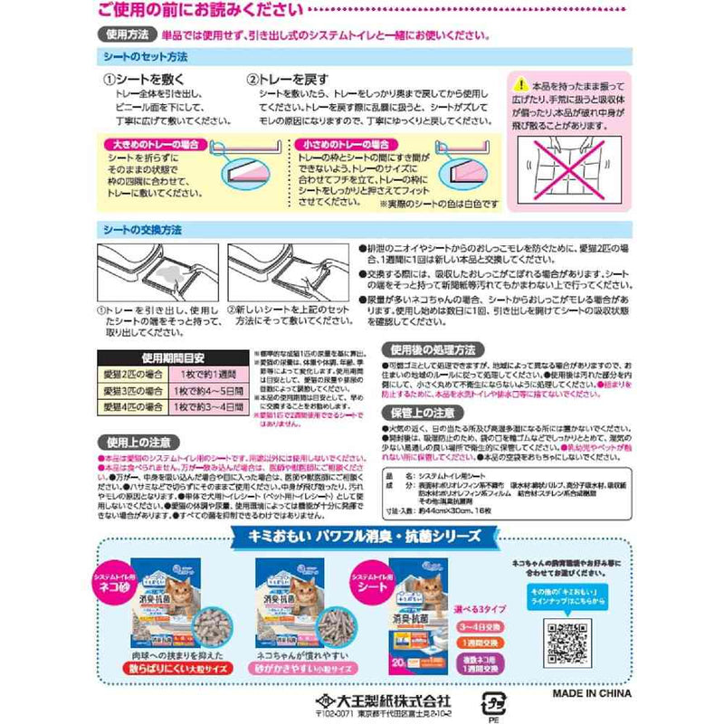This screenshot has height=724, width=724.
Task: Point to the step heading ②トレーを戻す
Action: [284, 80]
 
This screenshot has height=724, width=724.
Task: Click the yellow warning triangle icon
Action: [524, 83]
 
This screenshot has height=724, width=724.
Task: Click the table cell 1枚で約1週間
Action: [207, 374]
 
